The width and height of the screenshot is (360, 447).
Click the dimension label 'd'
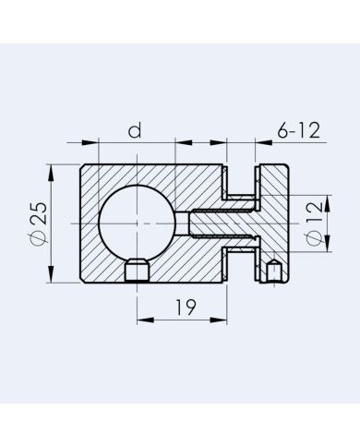[135, 130]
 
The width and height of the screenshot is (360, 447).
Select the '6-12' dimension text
[298, 130]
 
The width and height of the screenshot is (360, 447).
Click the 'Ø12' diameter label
[313, 223]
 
